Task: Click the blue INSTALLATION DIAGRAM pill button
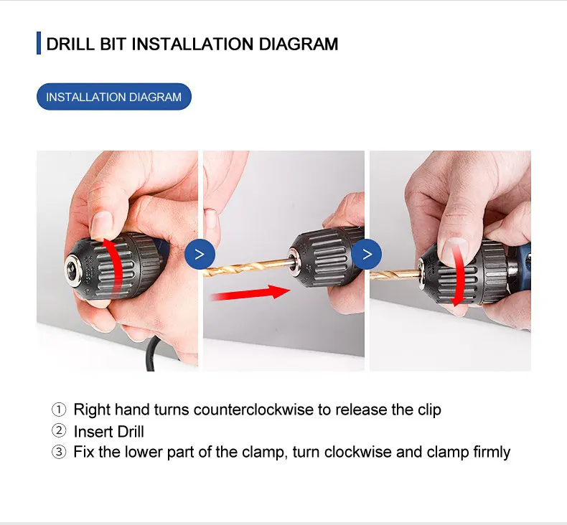tap(113, 97)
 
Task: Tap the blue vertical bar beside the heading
tap(38, 44)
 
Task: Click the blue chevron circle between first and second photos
tap(200, 254)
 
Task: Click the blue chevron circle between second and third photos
tap(367, 254)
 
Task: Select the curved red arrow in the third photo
tap(458, 276)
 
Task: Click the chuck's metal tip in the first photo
tap(75, 263)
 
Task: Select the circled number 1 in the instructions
tap(59, 410)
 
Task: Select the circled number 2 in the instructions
tap(59, 432)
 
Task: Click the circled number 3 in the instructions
tap(59, 453)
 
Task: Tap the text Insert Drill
tap(109, 432)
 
